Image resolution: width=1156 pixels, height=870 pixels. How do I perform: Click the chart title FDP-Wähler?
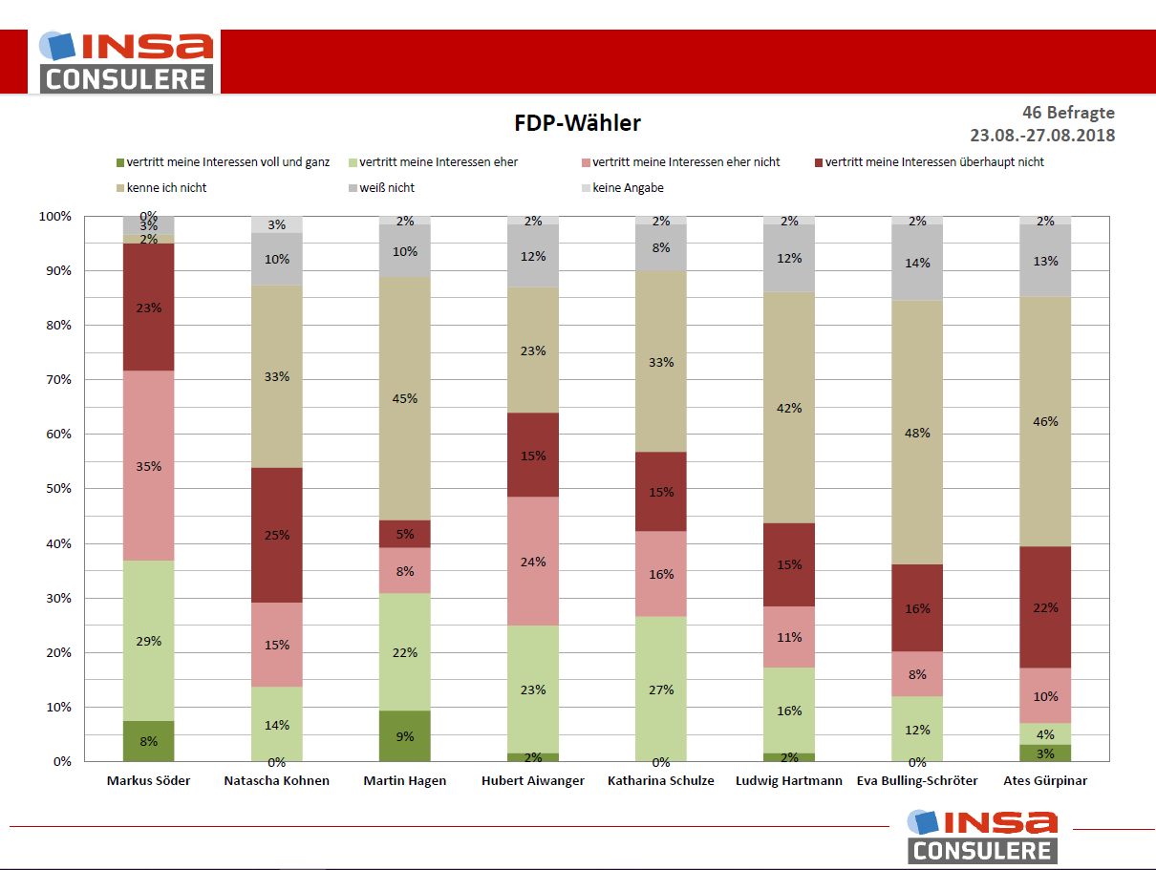pos(577,123)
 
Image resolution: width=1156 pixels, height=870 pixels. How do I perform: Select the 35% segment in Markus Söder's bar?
pos(148,466)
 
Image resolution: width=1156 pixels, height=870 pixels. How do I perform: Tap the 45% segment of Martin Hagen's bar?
pos(405,398)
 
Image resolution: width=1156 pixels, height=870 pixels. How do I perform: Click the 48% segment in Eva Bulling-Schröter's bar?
pos(917,433)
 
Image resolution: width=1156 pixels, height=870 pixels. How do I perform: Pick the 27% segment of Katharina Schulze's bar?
pos(661,689)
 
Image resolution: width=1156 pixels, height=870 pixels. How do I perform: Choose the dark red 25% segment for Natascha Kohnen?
pos(276,534)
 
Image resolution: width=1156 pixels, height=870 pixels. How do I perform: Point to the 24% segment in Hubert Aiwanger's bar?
pos(533,562)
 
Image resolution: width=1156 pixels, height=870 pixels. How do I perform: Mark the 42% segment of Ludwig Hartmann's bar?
pos(789,408)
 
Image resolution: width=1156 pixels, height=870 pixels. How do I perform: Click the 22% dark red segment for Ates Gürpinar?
pos(1045,607)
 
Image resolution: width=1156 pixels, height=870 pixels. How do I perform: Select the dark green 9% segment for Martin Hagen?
pos(405,736)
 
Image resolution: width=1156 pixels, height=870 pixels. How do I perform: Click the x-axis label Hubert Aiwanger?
pos(533,781)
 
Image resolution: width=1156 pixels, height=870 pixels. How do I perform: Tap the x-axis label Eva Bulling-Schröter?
pos(917,781)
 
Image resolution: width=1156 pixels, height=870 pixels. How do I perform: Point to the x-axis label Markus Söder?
pos(148,781)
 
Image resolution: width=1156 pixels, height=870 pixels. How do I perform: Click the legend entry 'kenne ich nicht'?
pos(166,188)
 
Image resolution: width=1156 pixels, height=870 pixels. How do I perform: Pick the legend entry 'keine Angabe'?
pos(628,188)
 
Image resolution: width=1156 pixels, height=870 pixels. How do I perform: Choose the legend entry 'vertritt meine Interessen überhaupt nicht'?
pos(934,162)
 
